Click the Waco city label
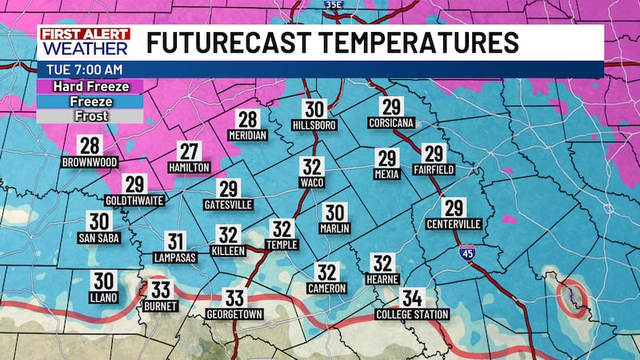(312, 182)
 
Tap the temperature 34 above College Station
(412, 298)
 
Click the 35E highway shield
(334, 5)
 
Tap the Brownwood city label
(89, 162)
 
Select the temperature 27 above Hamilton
(189, 150)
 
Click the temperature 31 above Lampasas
(176, 241)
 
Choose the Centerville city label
(454, 223)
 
